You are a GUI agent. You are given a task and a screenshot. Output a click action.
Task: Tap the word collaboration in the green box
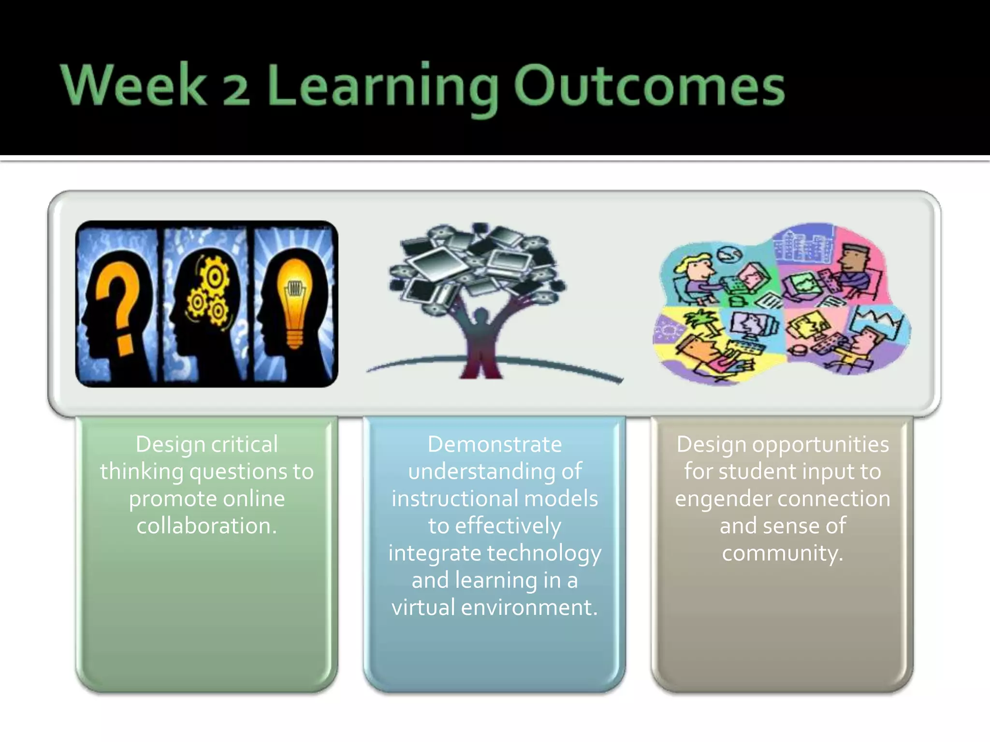pos(206,526)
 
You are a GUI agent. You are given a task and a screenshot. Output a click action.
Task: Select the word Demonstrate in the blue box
pos(495,444)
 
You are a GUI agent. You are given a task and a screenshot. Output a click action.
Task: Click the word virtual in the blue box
pos(423,607)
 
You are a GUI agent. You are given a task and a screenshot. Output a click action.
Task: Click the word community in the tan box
pos(782,553)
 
